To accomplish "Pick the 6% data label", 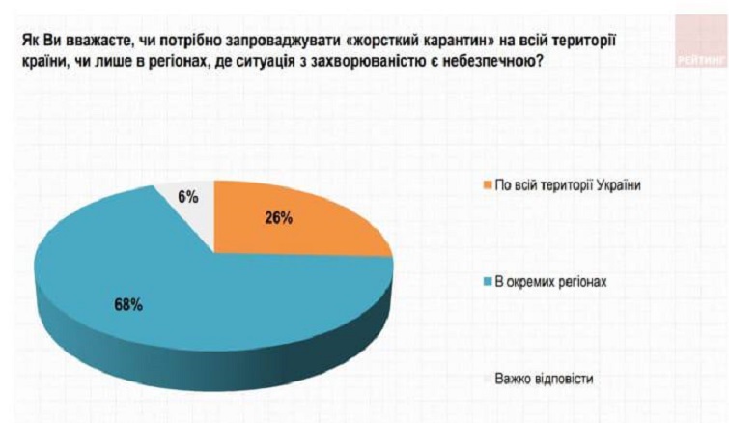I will pyautogui.click(x=188, y=197).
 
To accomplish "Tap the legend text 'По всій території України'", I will pyautogui.click(x=566, y=186).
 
